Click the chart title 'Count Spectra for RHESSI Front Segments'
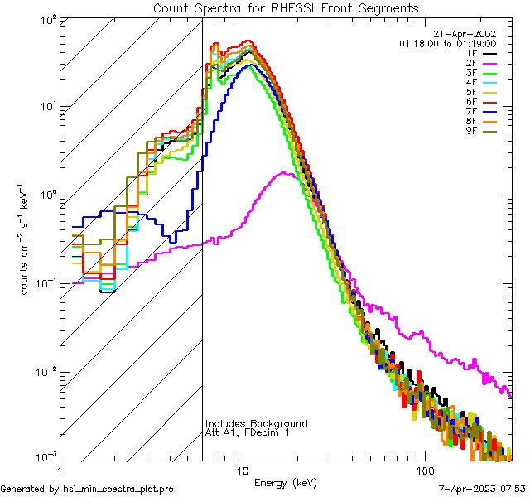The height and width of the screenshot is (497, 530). [286, 8]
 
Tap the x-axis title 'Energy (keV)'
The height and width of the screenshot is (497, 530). [285, 483]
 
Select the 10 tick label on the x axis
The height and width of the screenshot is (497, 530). [242, 471]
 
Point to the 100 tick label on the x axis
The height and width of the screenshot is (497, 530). [424, 471]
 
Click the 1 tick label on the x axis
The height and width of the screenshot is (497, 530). [60, 471]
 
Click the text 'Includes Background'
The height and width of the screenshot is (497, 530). [256, 424]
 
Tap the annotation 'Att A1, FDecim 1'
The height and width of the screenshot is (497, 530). [248, 432]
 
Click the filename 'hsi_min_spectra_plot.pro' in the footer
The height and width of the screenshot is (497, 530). [118, 489]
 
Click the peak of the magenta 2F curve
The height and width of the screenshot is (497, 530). [285, 172]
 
